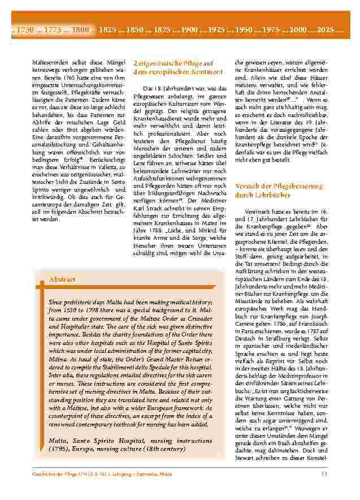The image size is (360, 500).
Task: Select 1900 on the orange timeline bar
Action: [x=190, y=29]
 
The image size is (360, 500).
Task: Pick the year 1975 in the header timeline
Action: [x=271, y=29]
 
